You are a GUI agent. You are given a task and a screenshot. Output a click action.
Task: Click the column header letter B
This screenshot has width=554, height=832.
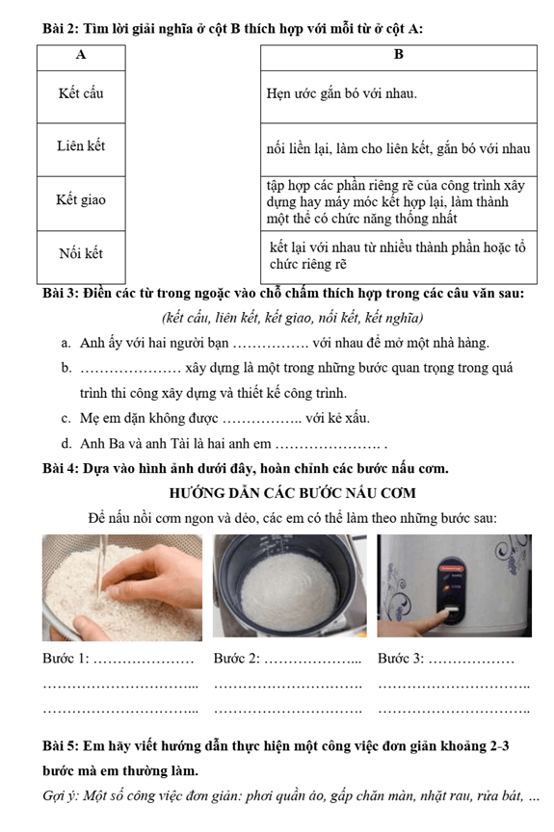coord(399,55)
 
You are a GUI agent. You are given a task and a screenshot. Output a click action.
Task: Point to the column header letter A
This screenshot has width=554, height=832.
coord(81,55)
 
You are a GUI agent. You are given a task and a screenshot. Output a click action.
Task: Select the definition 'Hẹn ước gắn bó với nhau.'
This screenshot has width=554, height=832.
coord(342,94)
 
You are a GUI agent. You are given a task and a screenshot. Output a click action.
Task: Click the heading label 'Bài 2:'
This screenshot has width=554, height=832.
coord(61,29)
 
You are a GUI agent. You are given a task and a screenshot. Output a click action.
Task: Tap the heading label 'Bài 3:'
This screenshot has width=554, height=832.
coord(61,294)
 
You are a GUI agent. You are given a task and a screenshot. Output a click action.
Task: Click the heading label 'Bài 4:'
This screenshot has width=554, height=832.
coord(61,469)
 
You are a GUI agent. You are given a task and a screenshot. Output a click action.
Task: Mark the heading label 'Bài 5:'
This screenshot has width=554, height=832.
coord(61,746)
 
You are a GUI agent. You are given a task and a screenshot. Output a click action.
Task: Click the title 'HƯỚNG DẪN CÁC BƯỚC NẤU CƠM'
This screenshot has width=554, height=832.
coord(292,493)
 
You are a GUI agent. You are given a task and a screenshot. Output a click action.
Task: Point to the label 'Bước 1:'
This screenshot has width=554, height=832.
coord(66,659)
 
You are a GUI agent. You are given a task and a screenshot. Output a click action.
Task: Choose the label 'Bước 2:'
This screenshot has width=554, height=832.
coord(237,659)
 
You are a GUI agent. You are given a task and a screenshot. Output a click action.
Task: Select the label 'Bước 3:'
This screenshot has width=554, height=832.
coord(401,659)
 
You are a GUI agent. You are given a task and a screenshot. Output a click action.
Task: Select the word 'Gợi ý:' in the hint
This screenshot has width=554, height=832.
coord(61,796)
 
